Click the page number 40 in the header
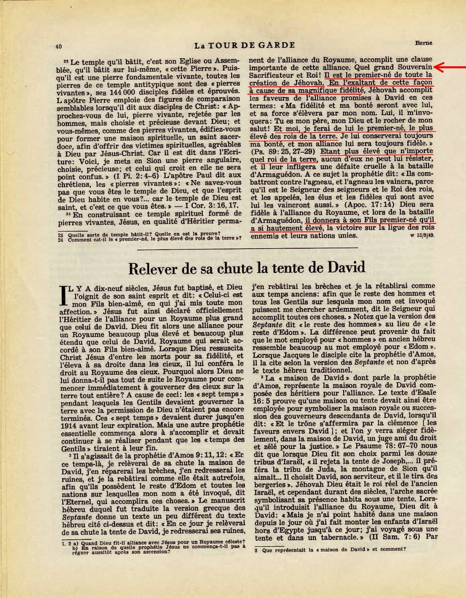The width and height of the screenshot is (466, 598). pos(59,46)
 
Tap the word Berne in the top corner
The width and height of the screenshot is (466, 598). pos(424,43)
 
